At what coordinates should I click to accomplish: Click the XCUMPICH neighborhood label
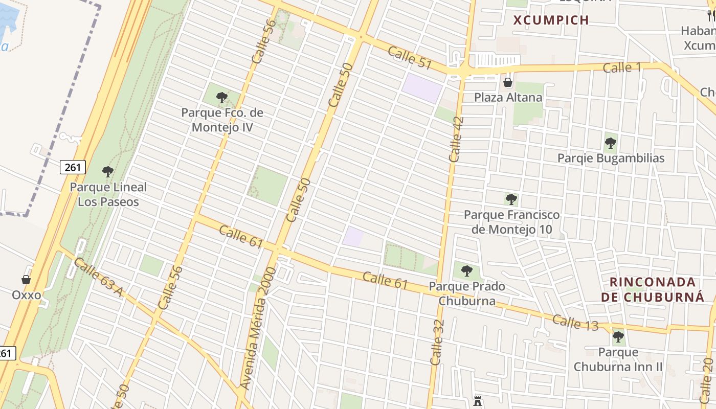[551, 20]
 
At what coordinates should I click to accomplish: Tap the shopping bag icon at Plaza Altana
[508, 82]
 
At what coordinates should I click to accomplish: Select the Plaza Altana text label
[508, 97]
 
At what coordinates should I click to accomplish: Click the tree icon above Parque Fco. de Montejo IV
[222, 97]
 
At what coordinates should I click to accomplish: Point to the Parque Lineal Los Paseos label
[108, 194]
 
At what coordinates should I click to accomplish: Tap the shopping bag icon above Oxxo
[26, 280]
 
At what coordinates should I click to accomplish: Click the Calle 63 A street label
[99, 277]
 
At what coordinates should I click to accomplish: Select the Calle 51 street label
[410, 57]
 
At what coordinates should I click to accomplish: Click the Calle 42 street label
[456, 140]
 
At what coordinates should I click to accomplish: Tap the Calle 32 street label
[437, 342]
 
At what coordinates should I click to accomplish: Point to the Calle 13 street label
[575, 322]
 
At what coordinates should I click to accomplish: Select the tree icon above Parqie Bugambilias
[610, 143]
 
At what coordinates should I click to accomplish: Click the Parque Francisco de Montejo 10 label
[511, 222]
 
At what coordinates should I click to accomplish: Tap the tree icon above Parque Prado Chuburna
[466, 270]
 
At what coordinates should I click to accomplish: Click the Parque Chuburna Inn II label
[618, 359]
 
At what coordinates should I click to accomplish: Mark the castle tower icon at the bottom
[478, 401]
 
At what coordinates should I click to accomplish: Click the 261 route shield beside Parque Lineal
[73, 167]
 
